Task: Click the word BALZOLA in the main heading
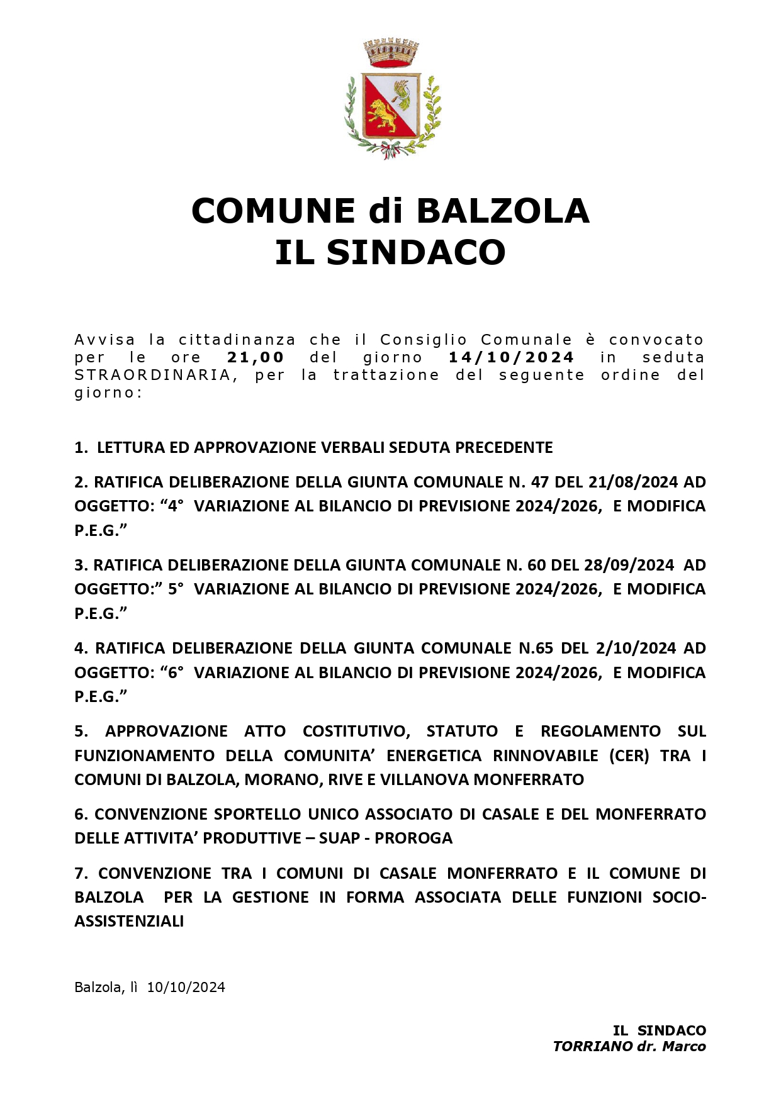502,211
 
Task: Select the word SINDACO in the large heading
416,252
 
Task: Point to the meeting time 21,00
256,357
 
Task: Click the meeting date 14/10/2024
511,357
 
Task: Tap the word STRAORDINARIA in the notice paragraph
152,375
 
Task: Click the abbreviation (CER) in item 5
629,755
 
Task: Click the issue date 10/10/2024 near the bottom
186,987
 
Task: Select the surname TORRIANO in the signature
592,1046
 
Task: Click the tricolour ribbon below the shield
390,151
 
